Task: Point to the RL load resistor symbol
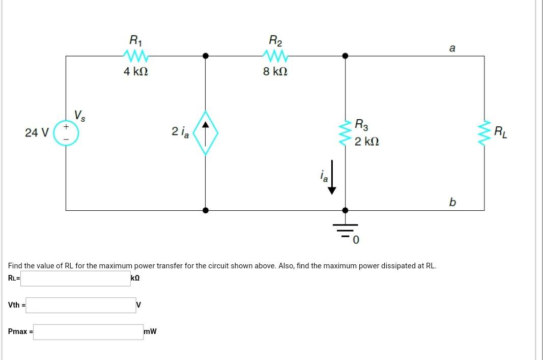(484, 133)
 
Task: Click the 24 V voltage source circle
(66, 133)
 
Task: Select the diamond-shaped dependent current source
(206, 132)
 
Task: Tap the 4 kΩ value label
(135, 72)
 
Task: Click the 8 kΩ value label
(275, 72)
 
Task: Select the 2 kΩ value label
(366, 141)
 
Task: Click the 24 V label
(37, 133)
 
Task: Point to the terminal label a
(452, 48)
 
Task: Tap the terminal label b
(452, 202)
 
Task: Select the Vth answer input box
(84, 305)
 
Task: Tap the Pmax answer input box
(89, 332)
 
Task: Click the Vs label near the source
(80, 115)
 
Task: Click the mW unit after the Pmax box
(150, 332)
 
